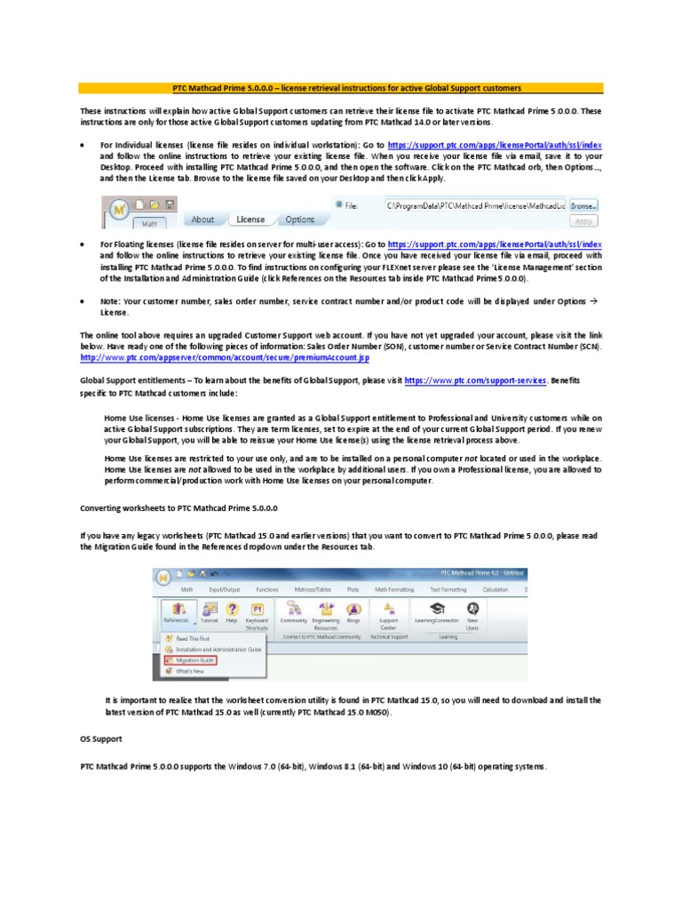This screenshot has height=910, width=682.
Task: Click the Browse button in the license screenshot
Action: [583, 204]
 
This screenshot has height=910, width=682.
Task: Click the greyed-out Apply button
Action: [583, 221]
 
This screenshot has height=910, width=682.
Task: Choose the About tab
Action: [202, 219]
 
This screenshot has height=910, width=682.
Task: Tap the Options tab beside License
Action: [299, 219]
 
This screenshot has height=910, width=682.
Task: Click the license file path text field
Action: [475, 204]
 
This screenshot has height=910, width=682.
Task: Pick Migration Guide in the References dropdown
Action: [195, 660]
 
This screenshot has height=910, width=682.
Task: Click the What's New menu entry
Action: [190, 671]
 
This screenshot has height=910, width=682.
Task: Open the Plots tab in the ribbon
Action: [353, 588]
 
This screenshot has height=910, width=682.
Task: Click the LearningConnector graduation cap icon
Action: [437, 609]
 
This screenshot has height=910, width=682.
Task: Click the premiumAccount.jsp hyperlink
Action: [225, 358]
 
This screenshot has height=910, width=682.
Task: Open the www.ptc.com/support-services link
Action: [474, 380]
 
